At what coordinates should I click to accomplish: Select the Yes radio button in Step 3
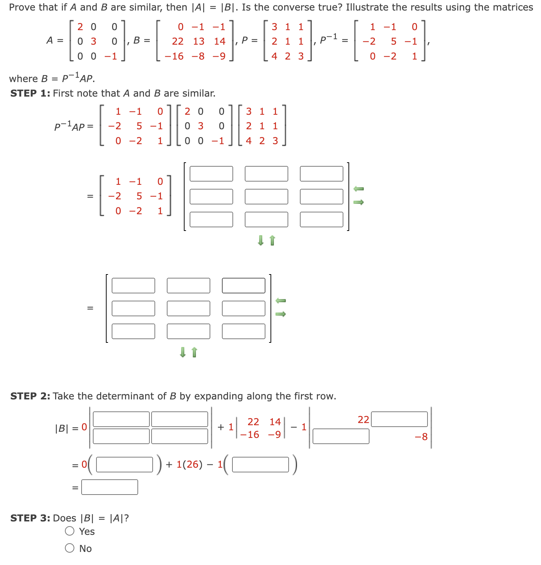[x=70, y=531]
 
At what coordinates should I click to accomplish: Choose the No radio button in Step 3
[x=70, y=548]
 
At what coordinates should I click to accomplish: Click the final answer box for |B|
[x=110, y=487]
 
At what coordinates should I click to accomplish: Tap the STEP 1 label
[x=30, y=93]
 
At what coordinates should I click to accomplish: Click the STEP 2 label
[x=30, y=396]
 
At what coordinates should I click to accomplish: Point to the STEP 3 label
[x=30, y=518]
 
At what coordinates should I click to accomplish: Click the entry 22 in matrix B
[x=178, y=41]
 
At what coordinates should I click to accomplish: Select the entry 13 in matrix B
[x=199, y=41]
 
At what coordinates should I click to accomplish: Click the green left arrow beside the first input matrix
[x=358, y=188]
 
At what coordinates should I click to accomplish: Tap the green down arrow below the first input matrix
[x=260, y=240]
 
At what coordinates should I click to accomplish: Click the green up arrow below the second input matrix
[x=194, y=352]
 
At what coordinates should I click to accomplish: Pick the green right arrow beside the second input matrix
[x=281, y=314]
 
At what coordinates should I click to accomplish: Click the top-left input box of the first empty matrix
[x=211, y=174]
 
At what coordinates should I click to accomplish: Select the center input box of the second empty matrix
[x=189, y=308]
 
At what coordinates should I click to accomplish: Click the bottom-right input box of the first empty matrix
[x=322, y=219]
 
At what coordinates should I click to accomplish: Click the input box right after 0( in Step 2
[x=124, y=464]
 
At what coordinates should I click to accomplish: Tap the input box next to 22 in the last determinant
[x=399, y=419]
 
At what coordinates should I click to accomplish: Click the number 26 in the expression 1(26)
[x=192, y=464]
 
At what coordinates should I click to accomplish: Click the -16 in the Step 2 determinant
[x=249, y=435]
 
